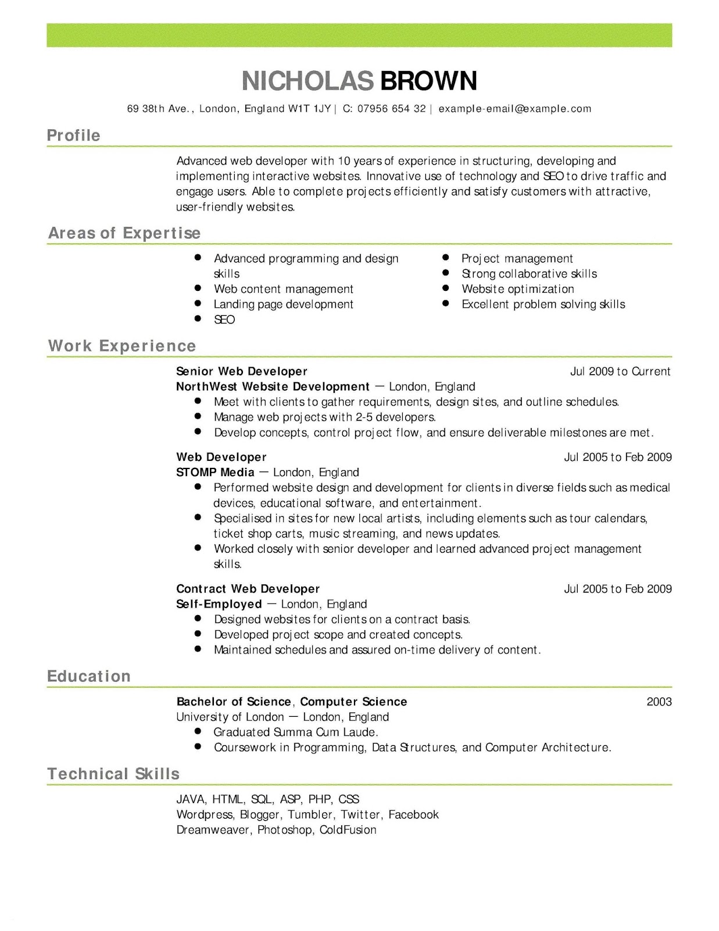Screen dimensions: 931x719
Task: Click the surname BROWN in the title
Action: tap(428, 81)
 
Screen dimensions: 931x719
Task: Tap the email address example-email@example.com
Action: tap(514, 109)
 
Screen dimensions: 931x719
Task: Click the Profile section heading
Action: tap(73, 136)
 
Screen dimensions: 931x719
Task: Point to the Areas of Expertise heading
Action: tap(124, 233)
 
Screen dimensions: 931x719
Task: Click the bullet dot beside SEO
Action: tap(198, 319)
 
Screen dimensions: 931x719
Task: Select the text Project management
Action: tap(517, 258)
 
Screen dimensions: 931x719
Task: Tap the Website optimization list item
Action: tap(517, 289)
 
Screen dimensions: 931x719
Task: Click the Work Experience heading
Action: tap(122, 346)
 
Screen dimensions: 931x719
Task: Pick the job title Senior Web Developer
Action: tap(241, 371)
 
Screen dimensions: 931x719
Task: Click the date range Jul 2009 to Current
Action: tap(620, 371)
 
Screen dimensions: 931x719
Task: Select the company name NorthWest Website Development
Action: tap(273, 387)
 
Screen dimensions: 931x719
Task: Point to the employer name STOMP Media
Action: tap(215, 472)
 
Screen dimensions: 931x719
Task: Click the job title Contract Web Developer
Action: tap(248, 589)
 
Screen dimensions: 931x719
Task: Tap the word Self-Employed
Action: tap(219, 605)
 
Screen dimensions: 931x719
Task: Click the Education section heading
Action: tap(88, 677)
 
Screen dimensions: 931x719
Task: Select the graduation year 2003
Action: tap(659, 702)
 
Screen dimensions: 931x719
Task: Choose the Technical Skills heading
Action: tap(113, 774)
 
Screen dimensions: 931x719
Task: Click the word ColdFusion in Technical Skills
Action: tap(348, 830)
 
